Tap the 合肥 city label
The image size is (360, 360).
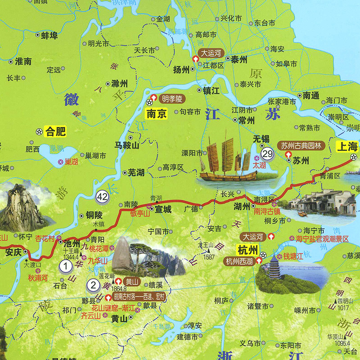tap(56, 132)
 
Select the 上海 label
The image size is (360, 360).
tap(347, 146)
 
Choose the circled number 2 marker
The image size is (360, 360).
tap(93, 284)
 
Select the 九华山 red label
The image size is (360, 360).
tap(98, 260)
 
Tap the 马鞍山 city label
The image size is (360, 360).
tap(127, 145)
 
